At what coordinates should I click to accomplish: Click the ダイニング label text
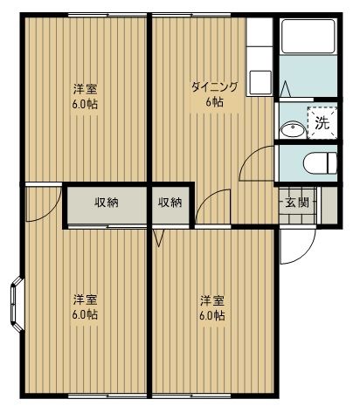pyautogui.click(x=213, y=87)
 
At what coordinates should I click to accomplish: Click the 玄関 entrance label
pyautogui.click(x=294, y=203)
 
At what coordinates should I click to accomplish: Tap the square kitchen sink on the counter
pyautogui.click(x=260, y=82)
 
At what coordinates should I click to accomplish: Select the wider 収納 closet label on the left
pyautogui.click(x=107, y=203)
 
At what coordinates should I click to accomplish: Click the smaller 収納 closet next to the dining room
pyautogui.click(x=170, y=203)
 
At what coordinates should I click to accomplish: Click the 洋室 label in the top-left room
pyautogui.click(x=85, y=88)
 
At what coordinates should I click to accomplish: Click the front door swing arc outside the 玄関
pyautogui.click(x=295, y=249)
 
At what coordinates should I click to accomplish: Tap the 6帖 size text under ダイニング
pyautogui.click(x=214, y=102)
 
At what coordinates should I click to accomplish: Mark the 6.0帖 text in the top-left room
pyautogui.click(x=85, y=103)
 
